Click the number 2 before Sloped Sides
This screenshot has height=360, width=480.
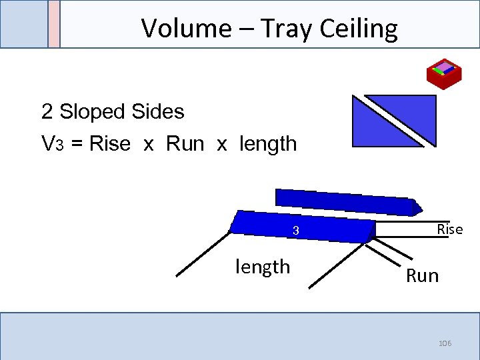tap(47, 111)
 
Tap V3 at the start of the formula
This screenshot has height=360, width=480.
tap(52, 143)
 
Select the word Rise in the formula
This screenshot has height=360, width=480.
tap(109, 143)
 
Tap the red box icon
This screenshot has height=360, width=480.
tap(444, 73)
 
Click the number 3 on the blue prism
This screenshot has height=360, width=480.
tap(293, 231)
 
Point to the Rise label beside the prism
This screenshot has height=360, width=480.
tap(449, 229)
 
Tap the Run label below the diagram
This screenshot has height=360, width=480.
tap(423, 275)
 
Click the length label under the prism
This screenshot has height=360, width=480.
tap(263, 267)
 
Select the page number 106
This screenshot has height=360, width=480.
tap(445, 343)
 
